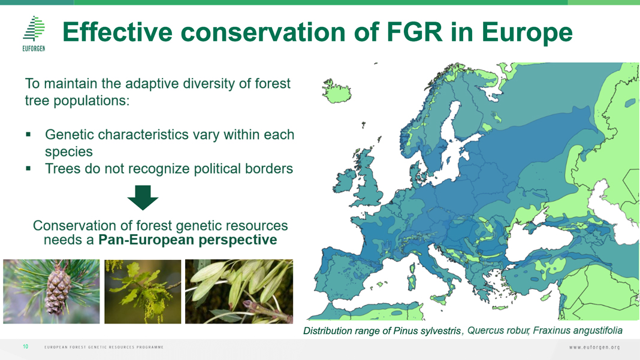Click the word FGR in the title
414,32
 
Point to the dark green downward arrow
143,198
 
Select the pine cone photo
52,292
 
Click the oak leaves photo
143,292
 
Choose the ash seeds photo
239,292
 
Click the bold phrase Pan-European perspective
188,240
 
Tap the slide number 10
25,347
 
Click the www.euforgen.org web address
594,347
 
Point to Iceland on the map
337,91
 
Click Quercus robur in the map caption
498,331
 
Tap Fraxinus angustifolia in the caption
578,331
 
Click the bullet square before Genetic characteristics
28,134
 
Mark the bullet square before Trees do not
28,168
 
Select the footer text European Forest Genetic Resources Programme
104,347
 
